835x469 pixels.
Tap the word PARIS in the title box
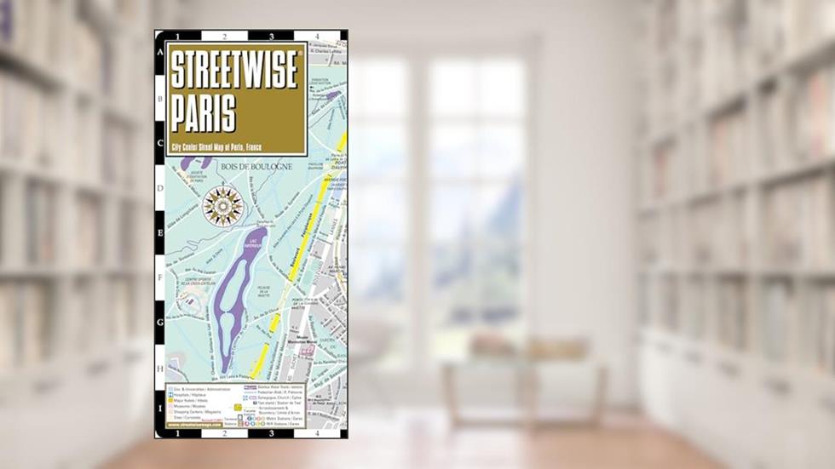(x=206, y=111)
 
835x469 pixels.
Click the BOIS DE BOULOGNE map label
(x=256, y=167)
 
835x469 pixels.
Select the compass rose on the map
(x=223, y=206)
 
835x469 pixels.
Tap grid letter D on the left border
(x=160, y=188)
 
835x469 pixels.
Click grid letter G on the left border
(x=160, y=323)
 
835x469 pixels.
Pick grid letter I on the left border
(x=160, y=409)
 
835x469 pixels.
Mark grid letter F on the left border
(x=160, y=277)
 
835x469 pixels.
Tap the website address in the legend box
(x=193, y=425)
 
